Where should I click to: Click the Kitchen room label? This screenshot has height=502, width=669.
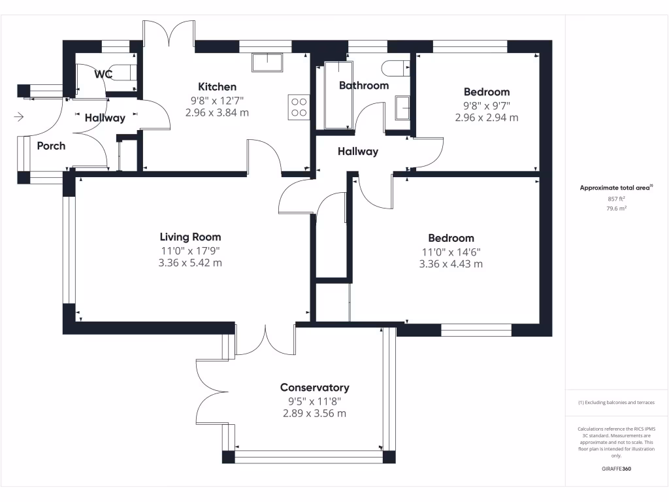[x=217, y=87]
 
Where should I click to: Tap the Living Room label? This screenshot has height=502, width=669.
[x=190, y=237]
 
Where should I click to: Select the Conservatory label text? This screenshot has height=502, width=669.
[x=314, y=388]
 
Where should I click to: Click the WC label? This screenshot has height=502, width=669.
[x=103, y=75]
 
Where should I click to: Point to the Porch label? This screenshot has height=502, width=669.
[x=51, y=146]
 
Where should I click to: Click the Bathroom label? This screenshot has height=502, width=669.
[x=363, y=86]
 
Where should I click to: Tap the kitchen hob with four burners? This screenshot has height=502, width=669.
[x=299, y=107]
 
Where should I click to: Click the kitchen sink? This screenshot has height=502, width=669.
[x=267, y=63]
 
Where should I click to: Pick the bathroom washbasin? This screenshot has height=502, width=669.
[x=402, y=108]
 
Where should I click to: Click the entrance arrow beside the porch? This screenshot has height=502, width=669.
[x=19, y=117]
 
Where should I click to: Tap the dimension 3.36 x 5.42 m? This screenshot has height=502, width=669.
[x=190, y=263]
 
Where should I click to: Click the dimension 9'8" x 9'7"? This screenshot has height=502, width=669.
[x=486, y=105]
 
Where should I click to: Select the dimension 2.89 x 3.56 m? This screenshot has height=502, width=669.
[x=314, y=414]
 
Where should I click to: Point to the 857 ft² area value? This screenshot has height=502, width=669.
[x=616, y=198]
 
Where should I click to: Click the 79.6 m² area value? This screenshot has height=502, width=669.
[x=616, y=209]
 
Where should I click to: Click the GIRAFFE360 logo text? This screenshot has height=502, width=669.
[x=616, y=469]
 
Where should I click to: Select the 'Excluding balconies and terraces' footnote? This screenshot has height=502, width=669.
[x=616, y=403]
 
